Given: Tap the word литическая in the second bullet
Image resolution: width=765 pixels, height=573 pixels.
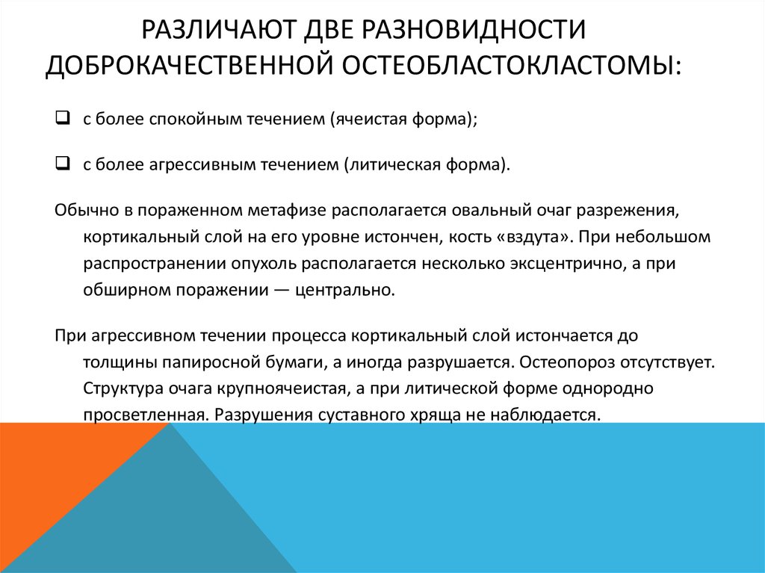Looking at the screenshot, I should (x=389, y=164).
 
